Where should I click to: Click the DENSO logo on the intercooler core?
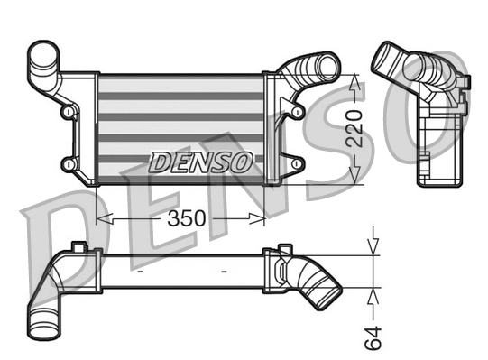200,163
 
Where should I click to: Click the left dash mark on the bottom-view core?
141,270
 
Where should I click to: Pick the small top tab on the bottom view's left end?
79,246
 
